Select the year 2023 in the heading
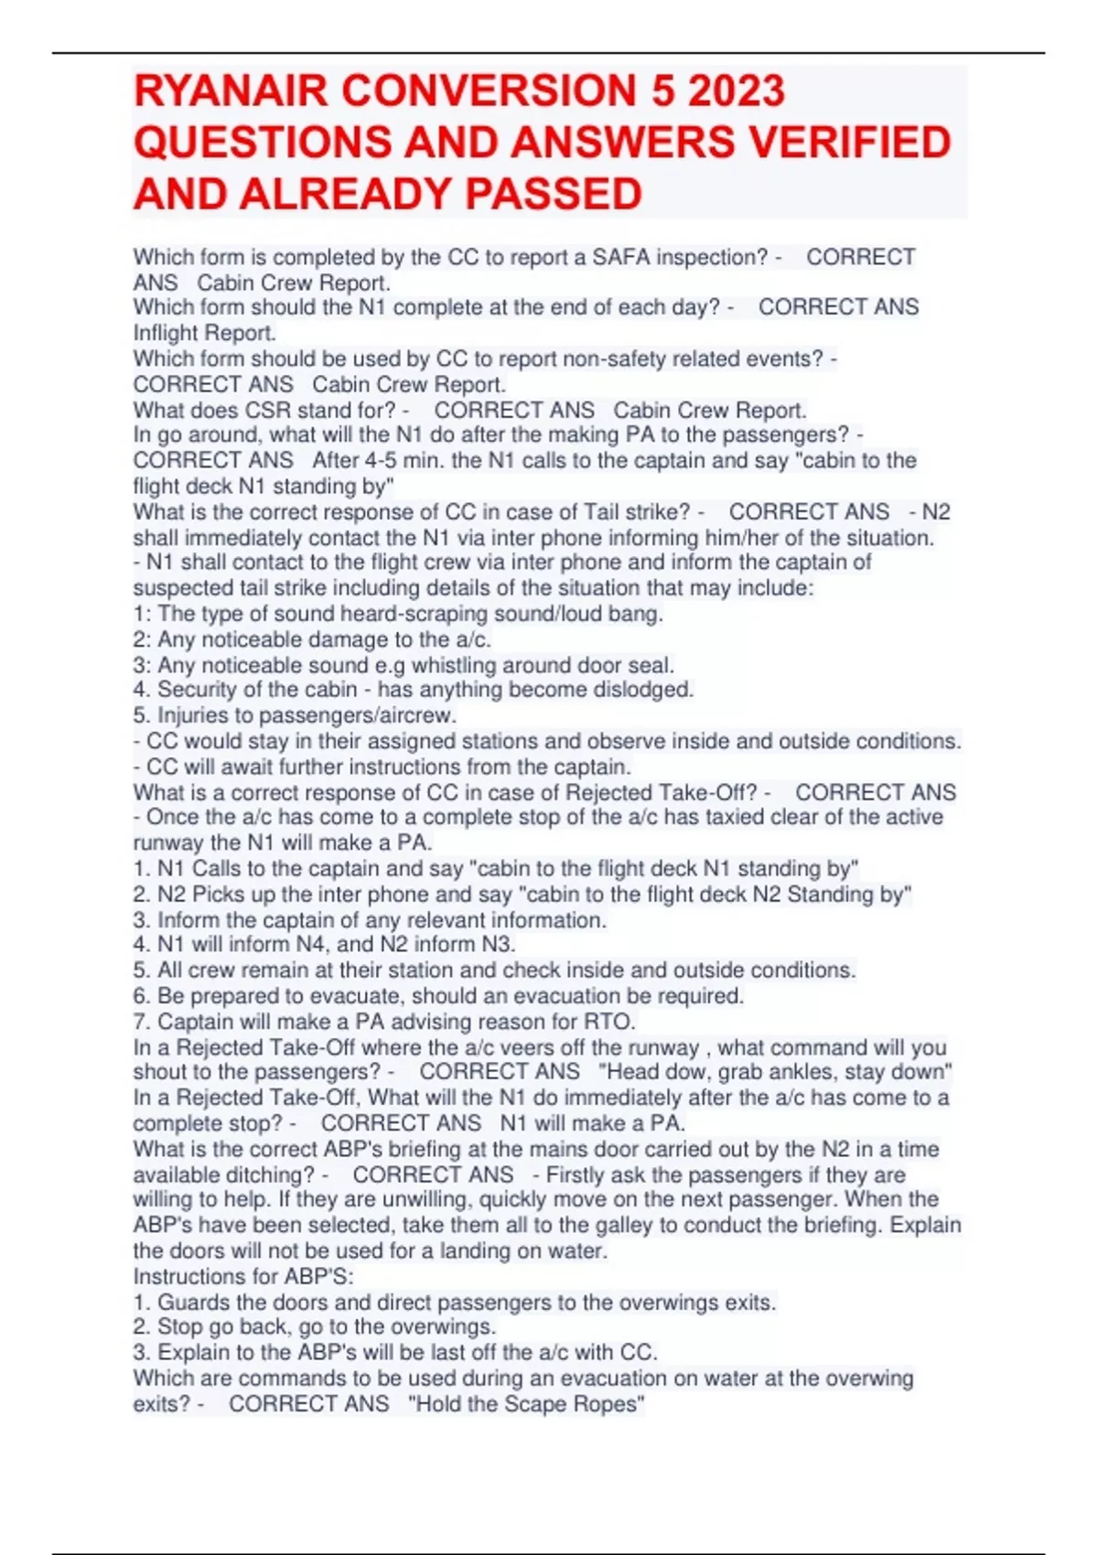(737, 91)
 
